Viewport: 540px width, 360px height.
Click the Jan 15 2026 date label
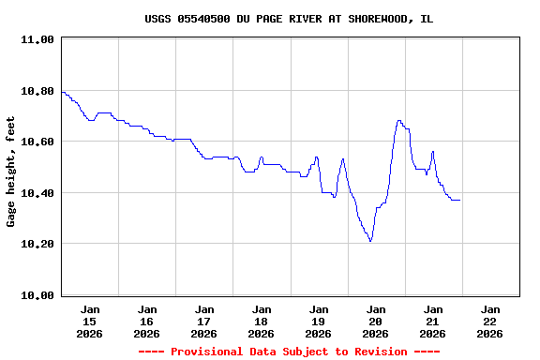click(x=90, y=321)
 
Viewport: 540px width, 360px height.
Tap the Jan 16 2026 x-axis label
click(x=147, y=321)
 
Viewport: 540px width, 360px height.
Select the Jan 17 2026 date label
click(x=204, y=321)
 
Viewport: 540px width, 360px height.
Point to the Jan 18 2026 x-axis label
click(x=262, y=321)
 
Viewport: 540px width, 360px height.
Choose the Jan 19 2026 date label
click(x=319, y=321)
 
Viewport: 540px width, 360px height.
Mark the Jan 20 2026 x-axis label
click(x=376, y=321)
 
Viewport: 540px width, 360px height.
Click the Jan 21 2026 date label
click(x=433, y=321)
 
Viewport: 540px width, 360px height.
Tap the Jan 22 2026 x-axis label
click(x=490, y=321)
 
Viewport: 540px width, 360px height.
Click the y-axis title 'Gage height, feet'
click(x=11, y=172)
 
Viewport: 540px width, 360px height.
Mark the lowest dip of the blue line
click(x=370, y=241)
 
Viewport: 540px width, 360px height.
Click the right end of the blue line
click(x=459, y=200)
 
